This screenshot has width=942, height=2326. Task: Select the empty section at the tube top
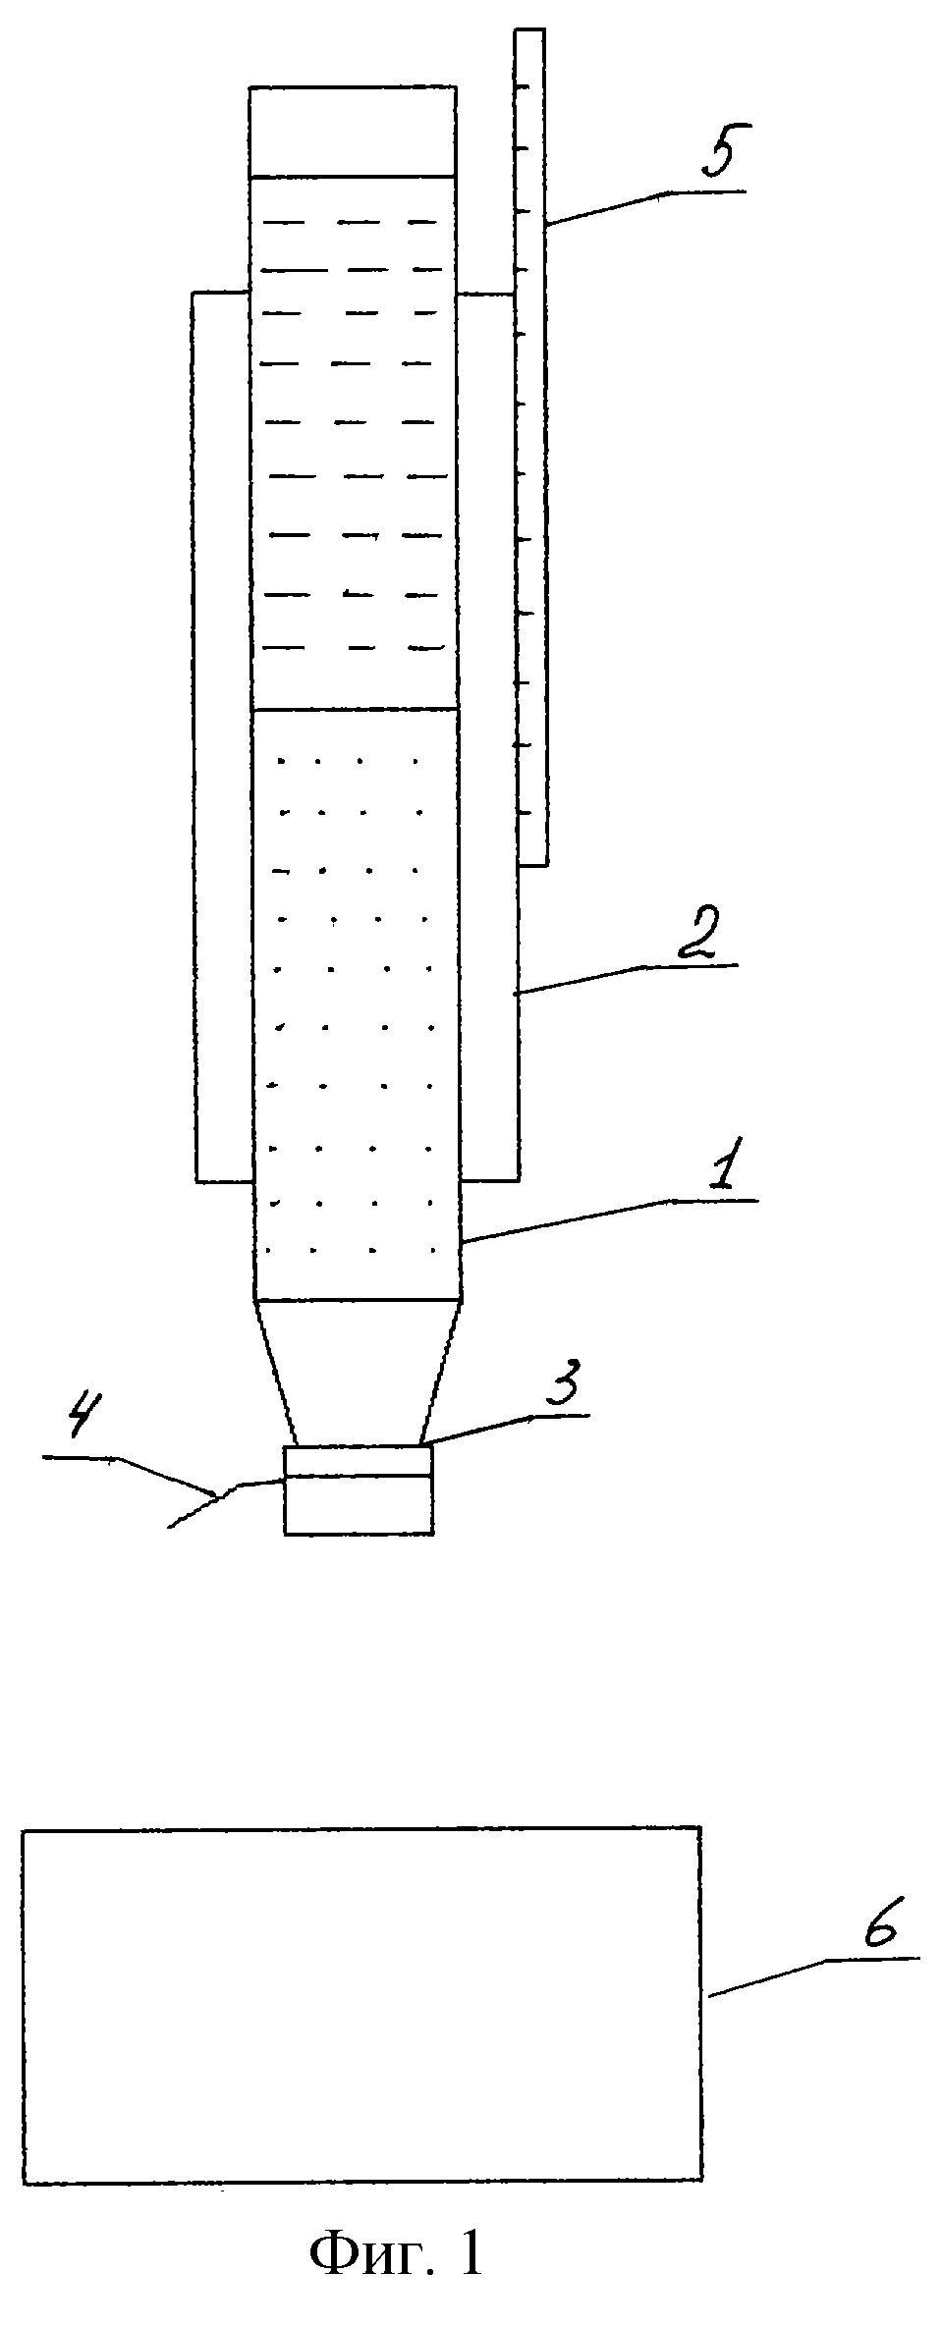click(x=353, y=132)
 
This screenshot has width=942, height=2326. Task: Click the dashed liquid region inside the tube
click(x=354, y=442)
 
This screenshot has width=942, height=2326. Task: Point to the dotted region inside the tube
click(x=356, y=1001)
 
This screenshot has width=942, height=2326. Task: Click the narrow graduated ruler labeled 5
click(x=530, y=442)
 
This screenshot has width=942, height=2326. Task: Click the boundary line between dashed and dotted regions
click(x=356, y=709)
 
